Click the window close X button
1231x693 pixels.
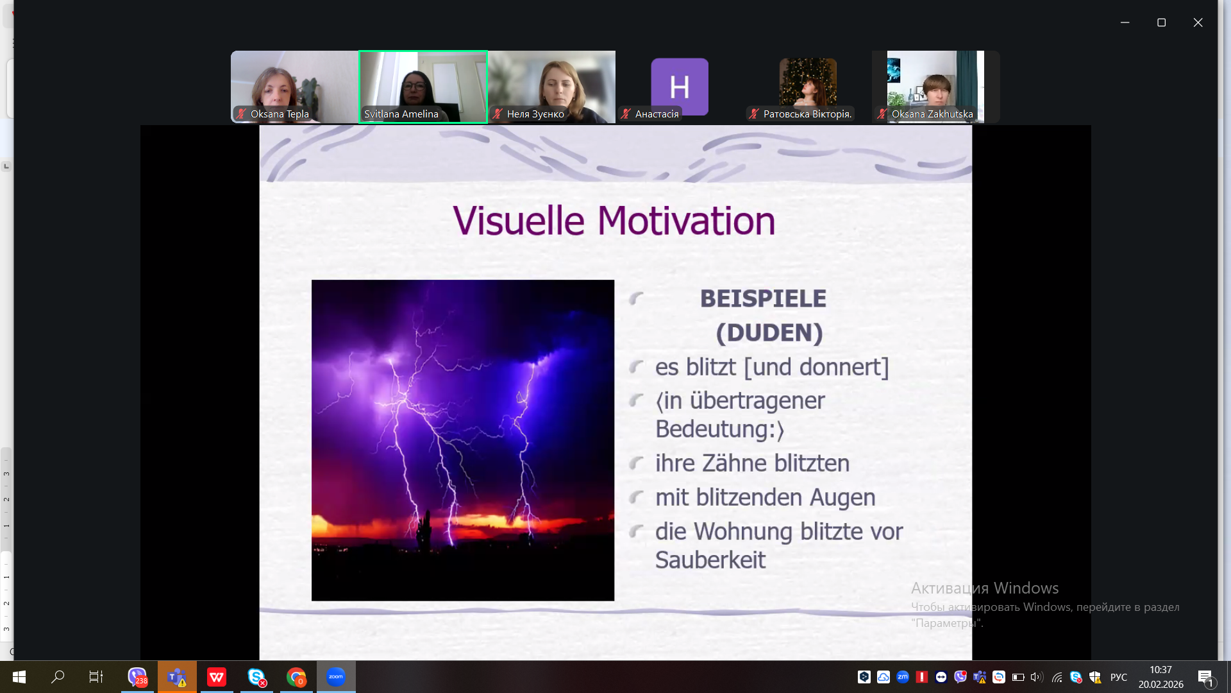[1198, 22]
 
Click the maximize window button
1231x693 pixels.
[1161, 22]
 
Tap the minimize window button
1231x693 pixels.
[1125, 22]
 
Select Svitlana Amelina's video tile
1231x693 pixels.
[423, 87]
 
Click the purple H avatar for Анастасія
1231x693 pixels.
[680, 86]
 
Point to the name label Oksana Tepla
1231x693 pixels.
[280, 114]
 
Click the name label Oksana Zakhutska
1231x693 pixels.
[932, 114]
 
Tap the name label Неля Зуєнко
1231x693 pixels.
[535, 114]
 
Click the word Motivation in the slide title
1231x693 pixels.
[686, 221]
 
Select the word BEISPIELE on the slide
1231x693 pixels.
[763, 298]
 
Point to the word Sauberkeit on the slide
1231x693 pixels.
[710, 560]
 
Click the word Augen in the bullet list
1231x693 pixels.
[842, 498]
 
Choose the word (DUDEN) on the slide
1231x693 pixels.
[769, 332]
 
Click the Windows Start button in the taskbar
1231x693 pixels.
[19, 677]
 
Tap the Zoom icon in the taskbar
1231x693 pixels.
[336, 677]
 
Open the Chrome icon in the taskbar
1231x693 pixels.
[296, 677]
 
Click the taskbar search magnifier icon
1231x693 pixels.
[58, 676]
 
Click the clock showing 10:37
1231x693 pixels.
[1160, 670]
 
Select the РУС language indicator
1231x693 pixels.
[1119, 677]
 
